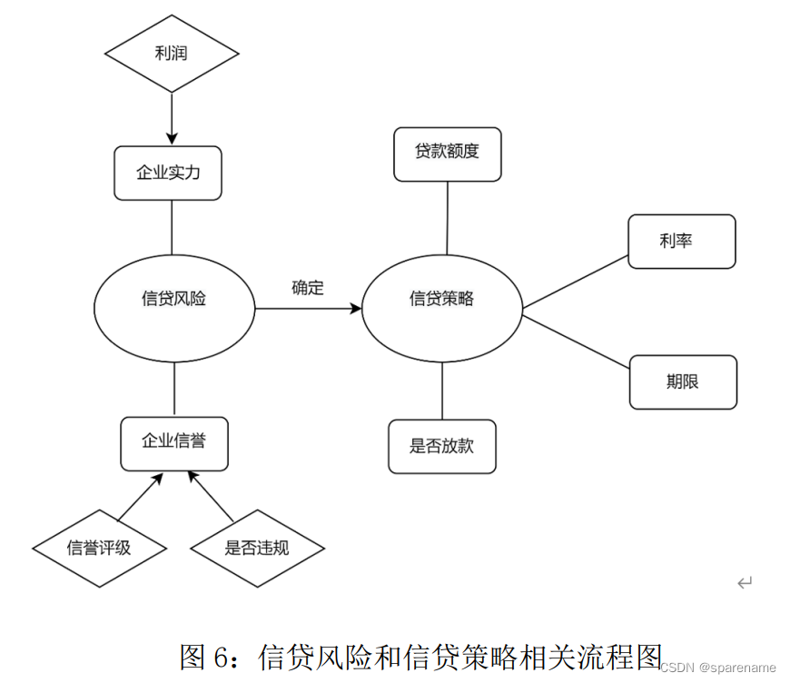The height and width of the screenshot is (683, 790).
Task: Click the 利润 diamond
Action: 172,54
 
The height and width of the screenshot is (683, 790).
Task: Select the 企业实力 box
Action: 168,173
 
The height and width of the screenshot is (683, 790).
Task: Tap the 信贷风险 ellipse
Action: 173,299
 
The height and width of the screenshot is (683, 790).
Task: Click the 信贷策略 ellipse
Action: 442,299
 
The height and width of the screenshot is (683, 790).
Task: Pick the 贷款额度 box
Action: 447,153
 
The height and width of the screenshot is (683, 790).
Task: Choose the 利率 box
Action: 682,241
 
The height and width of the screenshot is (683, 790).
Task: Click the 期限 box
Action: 683,381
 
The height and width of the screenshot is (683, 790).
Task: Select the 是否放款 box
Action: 442,446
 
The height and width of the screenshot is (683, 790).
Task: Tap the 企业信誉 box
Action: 173,442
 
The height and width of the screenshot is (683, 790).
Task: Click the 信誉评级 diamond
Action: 100,548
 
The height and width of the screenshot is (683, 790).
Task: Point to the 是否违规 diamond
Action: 257,548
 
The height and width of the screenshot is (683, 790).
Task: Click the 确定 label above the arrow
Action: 308,288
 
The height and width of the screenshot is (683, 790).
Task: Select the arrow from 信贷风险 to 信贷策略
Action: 308,309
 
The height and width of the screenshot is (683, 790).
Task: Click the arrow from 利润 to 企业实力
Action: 172,118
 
